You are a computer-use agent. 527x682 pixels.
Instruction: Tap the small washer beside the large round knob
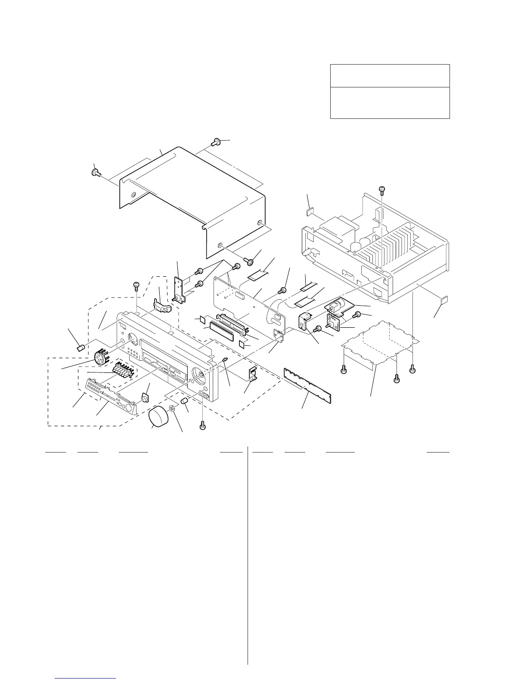coord(173,408)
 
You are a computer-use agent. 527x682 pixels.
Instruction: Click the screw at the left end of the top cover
coord(95,173)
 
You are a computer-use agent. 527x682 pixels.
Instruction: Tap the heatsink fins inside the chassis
coord(387,250)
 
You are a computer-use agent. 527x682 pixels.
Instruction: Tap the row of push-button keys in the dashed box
coord(122,370)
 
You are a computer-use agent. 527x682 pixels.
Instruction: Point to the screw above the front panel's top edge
coord(136,284)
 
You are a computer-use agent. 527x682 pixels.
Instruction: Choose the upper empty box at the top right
coord(390,75)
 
